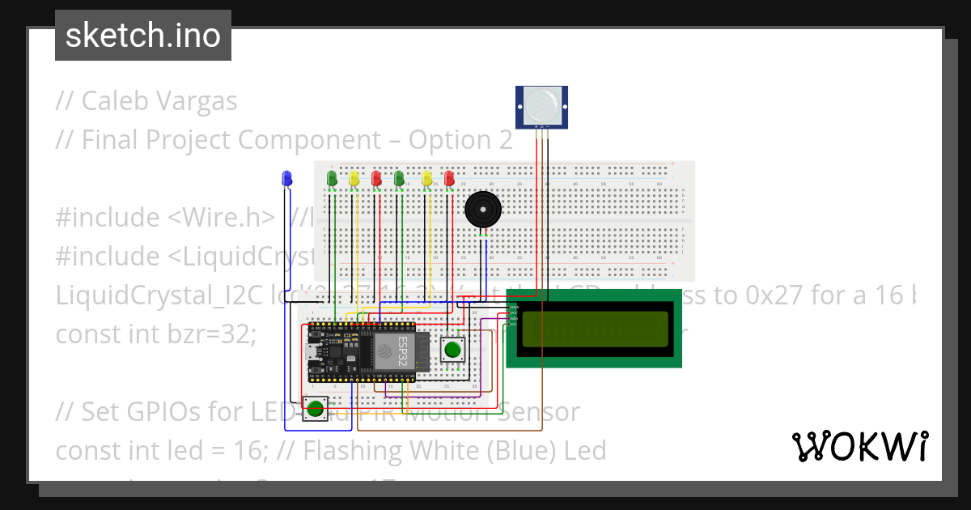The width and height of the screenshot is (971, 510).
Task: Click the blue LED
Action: [286, 177]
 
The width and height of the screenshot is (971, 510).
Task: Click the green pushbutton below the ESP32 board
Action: [315, 409]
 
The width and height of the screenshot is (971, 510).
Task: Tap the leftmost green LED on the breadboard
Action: [331, 178]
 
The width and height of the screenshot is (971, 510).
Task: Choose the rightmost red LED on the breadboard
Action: [449, 178]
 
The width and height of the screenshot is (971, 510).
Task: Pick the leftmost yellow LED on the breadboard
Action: [354, 178]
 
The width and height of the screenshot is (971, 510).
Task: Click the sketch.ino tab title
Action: [143, 36]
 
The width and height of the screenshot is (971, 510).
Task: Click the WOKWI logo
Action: [859, 446]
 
